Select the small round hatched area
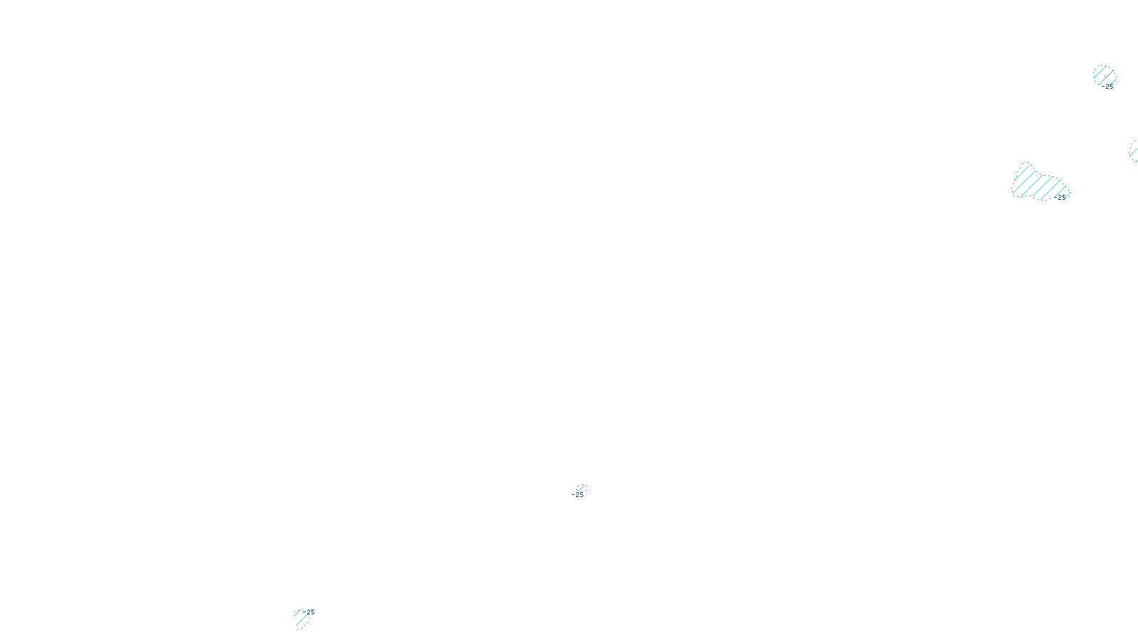(x=1104, y=75)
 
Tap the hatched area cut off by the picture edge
(x=1134, y=151)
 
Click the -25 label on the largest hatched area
(x=1061, y=198)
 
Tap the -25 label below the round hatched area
(x=1109, y=87)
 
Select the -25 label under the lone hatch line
(x=578, y=495)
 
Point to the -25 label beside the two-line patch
(x=309, y=612)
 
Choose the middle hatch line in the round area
(x=1104, y=75)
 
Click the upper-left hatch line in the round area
(x=1099, y=70)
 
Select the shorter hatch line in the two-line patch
(x=297, y=613)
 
